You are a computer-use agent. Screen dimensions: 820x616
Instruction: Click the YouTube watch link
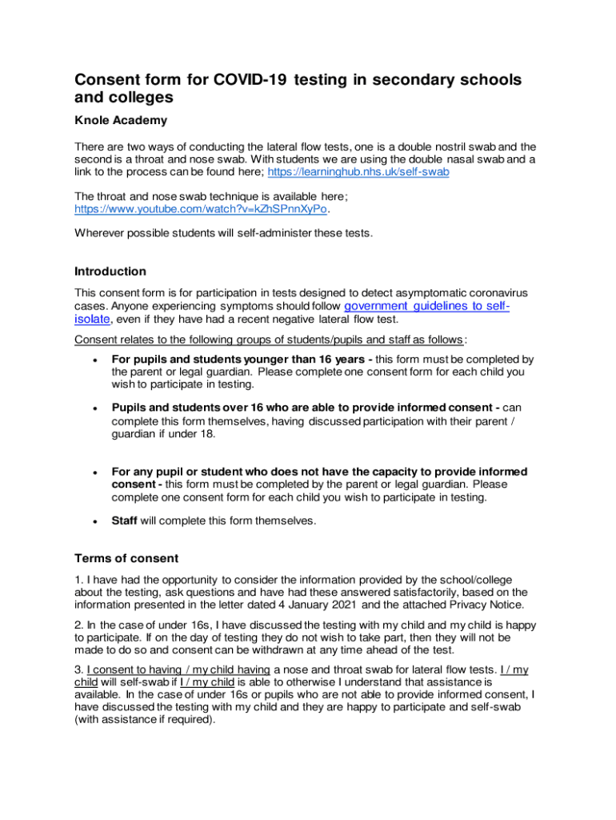click(201, 209)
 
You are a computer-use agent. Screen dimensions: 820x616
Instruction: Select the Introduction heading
click(110, 271)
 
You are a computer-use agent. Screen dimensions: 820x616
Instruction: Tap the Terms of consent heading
click(126, 558)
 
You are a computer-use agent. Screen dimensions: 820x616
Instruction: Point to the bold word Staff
click(125, 521)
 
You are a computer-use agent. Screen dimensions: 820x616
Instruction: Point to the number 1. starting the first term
click(79, 580)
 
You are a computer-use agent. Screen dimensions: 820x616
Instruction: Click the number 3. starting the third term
click(79, 669)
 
